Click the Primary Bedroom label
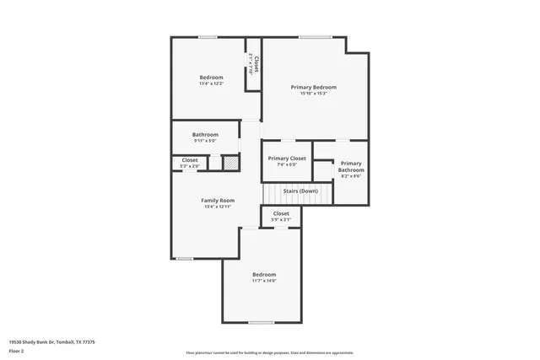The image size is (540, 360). pos(314,87)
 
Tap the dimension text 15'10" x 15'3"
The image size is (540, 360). pos(314,94)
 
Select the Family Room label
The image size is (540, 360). pos(218,200)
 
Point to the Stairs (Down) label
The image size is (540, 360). pos(300,191)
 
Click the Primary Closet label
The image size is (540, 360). pos(287,158)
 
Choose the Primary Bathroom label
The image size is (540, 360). pos(351,166)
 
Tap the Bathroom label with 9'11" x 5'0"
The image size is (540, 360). pos(205,134)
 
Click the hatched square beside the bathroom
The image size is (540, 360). pos(230,162)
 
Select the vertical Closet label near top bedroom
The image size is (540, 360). pos(256,64)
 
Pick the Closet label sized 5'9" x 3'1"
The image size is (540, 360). pos(281,213)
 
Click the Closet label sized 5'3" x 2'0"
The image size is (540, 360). pos(190,159)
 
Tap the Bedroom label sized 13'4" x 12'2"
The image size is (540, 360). pos(211,78)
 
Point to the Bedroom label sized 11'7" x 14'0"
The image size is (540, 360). pos(264,274)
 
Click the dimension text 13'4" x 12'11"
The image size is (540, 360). pos(218,207)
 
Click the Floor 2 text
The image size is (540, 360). pos(17,352)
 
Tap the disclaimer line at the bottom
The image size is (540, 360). pos(270,352)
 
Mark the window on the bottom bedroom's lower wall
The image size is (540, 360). pos(262,322)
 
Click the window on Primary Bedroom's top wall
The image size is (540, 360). pos(314,36)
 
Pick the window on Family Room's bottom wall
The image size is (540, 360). pos(184,258)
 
